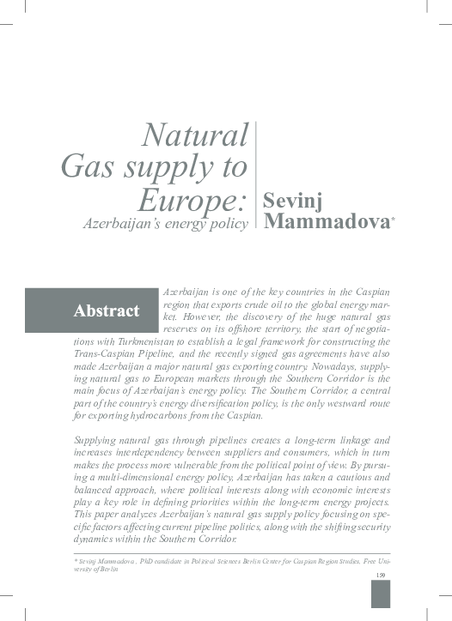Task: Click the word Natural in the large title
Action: point(195,135)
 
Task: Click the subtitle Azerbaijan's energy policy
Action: point(165,223)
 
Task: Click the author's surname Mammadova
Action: point(326,222)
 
